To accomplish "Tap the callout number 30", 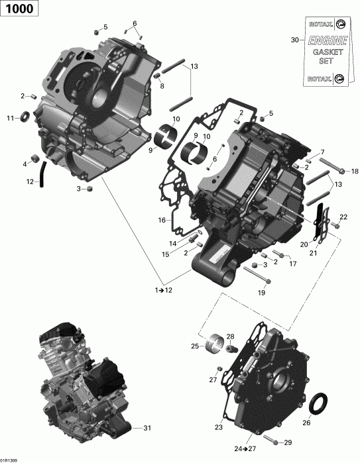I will [x=295, y=40].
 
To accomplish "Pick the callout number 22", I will [x=343, y=217].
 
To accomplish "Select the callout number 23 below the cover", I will [x=218, y=427].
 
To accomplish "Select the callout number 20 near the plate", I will [x=304, y=244].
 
